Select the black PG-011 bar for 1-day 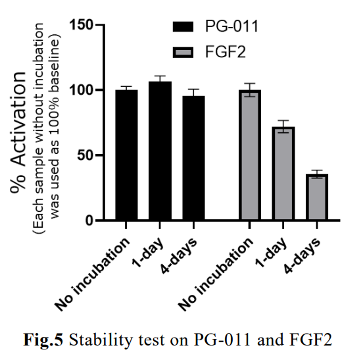(160, 151)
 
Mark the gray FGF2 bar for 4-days (316, 197)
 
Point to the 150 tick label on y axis (83, 26)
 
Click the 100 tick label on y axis (83, 90)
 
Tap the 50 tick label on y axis (87, 155)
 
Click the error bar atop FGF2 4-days (316, 173)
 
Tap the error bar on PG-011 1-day (160, 80)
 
